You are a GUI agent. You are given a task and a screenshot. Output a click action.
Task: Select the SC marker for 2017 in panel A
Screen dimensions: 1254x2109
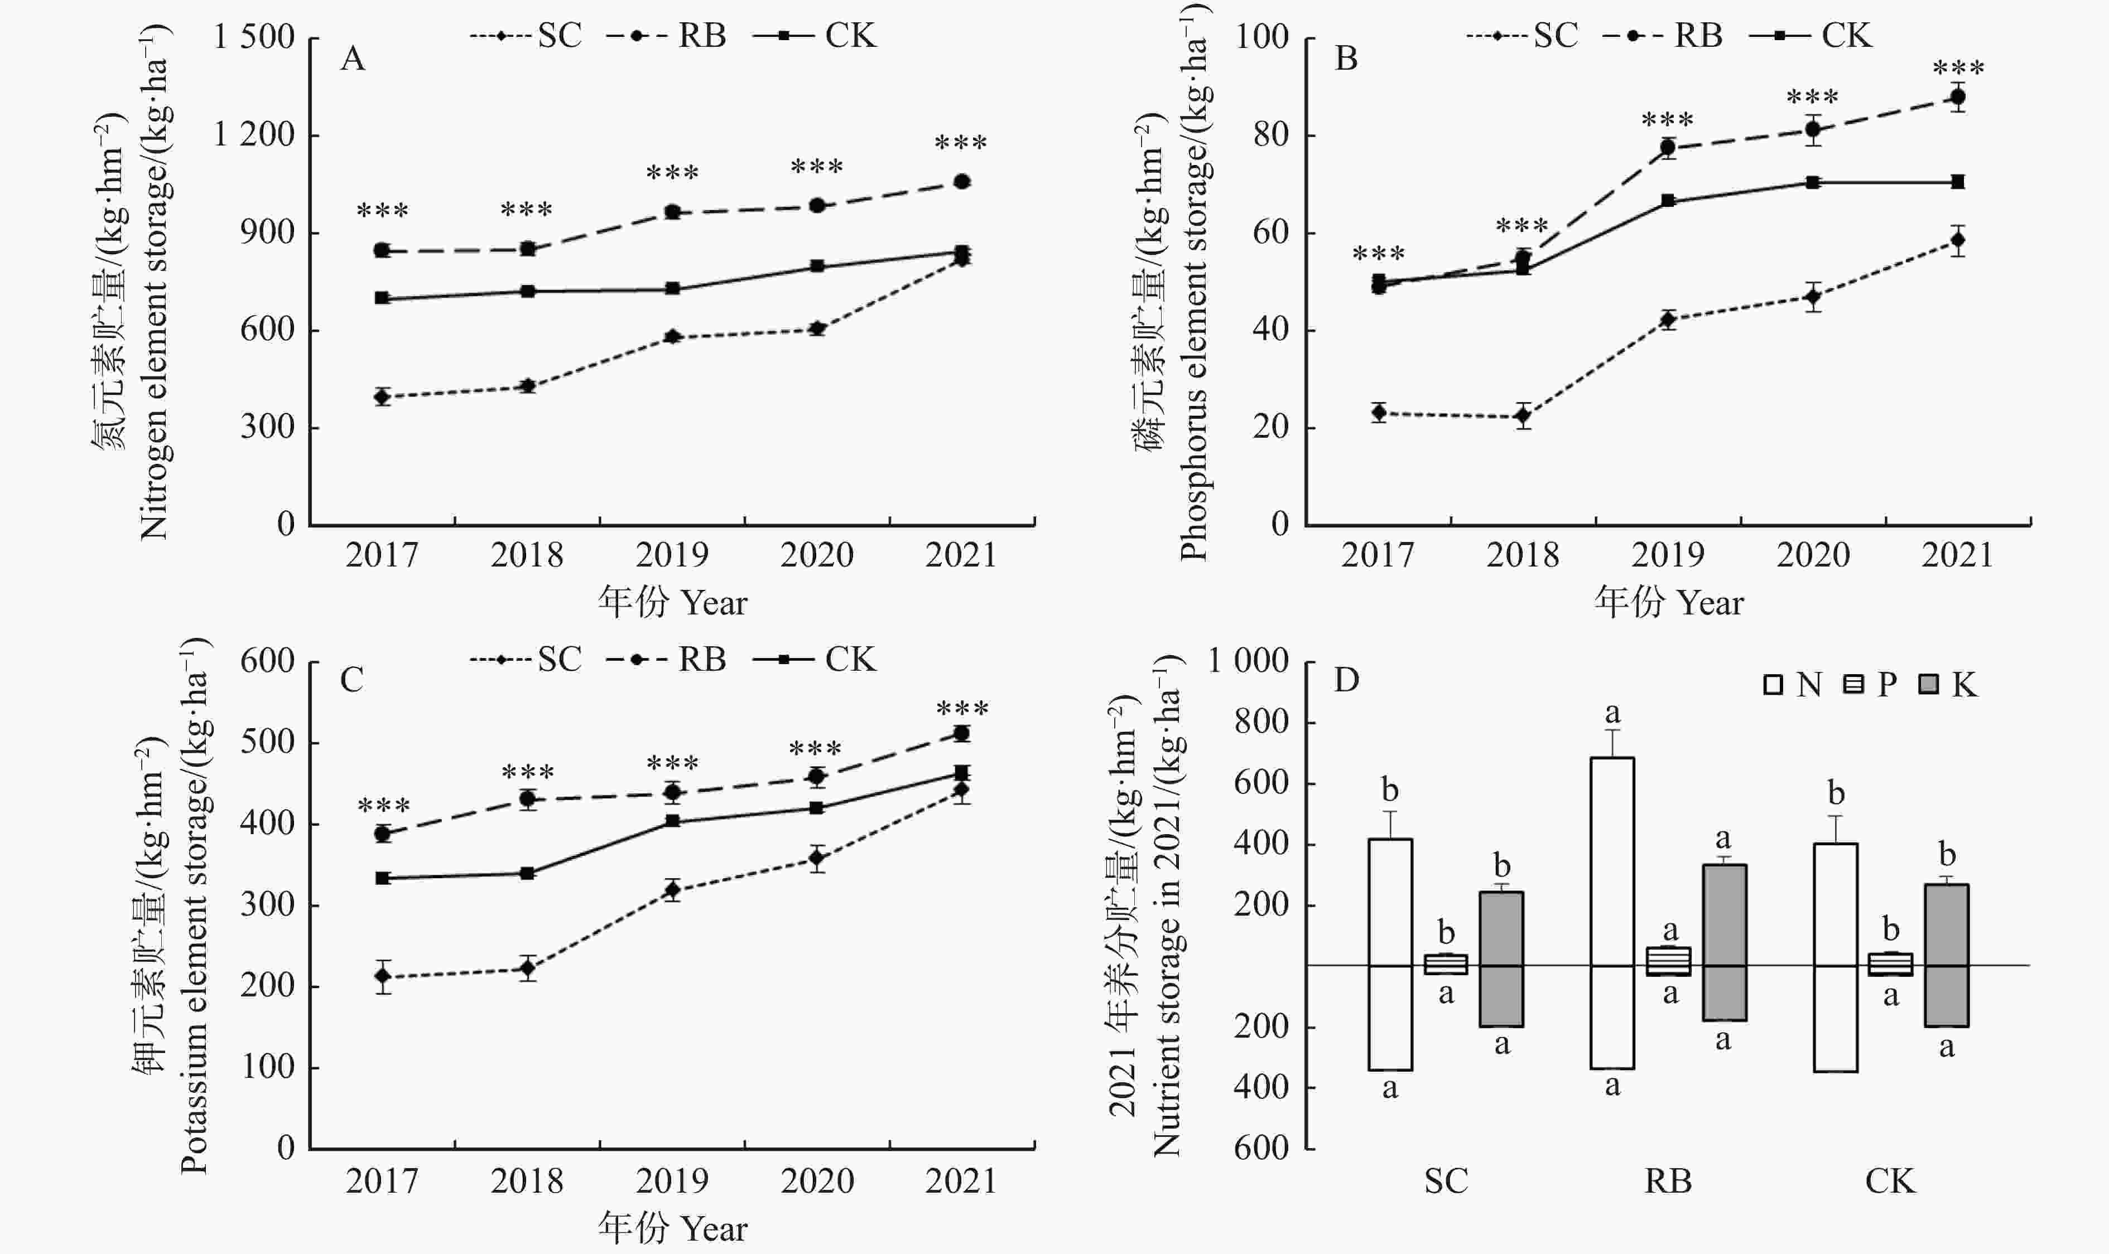pos(382,396)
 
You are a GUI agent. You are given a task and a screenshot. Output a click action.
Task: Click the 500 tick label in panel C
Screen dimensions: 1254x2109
pos(267,742)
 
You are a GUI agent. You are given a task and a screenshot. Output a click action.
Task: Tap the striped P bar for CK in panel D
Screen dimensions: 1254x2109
pos(1891,964)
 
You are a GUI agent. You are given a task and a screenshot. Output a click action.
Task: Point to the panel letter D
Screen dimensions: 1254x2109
pos(1346,680)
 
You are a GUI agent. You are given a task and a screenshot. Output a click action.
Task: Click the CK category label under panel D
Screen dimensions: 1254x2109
pos(1890,1180)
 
